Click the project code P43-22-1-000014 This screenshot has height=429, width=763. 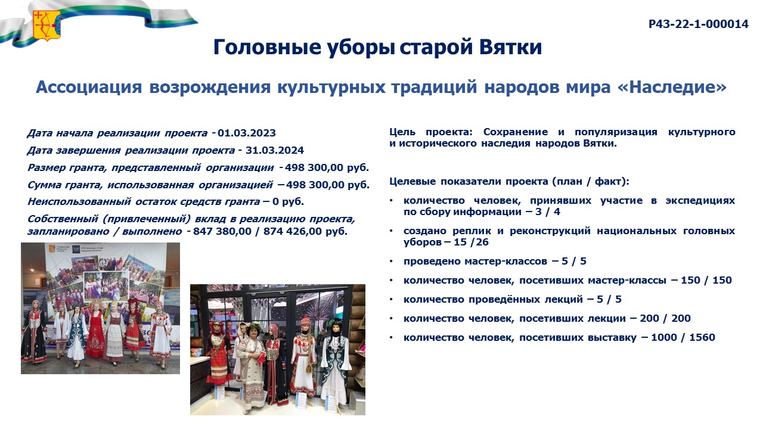click(x=698, y=24)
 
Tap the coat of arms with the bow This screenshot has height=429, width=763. click(x=46, y=25)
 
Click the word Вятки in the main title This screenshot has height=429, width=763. click(x=511, y=46)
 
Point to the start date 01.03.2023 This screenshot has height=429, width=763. click(x=247, y=133)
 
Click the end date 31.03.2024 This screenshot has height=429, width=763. click(x=275, y=150)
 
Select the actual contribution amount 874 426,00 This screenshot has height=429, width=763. click(x=293, y=231)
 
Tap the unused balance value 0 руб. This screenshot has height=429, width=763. click(x=288, y=201)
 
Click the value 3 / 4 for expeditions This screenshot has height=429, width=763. click(x=547, y=212)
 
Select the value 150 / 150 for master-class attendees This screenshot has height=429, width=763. click(x=706, y=280)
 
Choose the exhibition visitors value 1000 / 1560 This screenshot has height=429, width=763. click(x=683, y=337)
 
